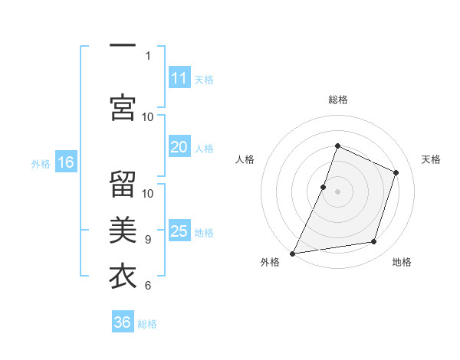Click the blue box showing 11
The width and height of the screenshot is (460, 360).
coord(179,78)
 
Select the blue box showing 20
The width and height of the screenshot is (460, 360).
coord(179,148)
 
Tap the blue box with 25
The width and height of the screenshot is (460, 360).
coord(179,232)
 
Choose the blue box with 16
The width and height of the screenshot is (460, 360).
coord(66,162)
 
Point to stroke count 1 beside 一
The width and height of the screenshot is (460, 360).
coord(147,55)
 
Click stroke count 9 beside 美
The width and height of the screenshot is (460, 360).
coord(147,240)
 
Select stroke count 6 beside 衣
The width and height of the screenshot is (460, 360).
coord(147,286)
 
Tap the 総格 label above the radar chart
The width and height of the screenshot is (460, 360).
coord(337,100)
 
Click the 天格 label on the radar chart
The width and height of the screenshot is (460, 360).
coord(431,159)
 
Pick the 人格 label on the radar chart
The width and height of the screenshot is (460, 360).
coord(245,159)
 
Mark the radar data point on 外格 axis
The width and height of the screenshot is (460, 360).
coord(292,254)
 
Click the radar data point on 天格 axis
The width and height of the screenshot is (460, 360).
coord(396,172)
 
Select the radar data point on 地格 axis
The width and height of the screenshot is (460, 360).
coord(374,242)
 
